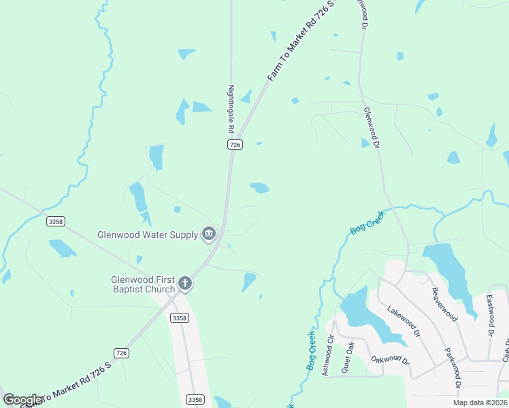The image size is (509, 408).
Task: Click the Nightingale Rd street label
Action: pos(231,109)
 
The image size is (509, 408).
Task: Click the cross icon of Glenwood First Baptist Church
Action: pos(184,284)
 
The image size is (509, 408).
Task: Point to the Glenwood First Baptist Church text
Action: pos(144,284)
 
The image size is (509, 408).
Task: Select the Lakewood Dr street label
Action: pos(404,322)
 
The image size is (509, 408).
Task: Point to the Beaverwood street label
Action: pos(444,303)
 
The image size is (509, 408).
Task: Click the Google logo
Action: pos(22,400)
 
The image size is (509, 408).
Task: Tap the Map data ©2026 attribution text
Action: pos(479,403)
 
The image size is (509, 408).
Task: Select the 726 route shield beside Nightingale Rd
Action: pos(234,145)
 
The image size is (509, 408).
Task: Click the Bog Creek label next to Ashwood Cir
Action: pos(310,351)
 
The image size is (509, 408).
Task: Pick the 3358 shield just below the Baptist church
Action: pos(180,318)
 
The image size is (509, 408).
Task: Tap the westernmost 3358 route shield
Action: pos(56,221)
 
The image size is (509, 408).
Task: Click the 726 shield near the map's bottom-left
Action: pos(121,353)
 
